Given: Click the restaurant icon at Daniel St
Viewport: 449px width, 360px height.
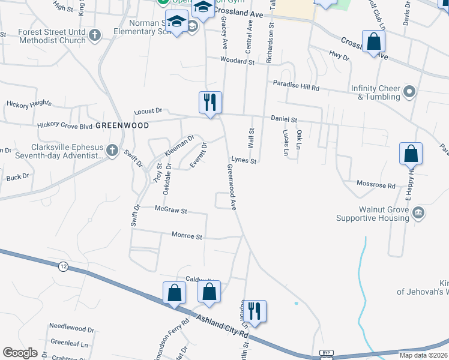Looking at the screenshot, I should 210,101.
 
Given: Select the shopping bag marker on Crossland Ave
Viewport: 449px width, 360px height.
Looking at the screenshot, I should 373,42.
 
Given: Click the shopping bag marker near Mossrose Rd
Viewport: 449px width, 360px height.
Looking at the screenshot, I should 411,154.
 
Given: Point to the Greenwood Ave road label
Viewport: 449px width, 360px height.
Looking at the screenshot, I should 231,187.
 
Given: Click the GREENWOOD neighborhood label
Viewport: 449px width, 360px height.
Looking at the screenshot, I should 122,125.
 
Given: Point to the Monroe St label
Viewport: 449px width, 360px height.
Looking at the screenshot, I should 187,236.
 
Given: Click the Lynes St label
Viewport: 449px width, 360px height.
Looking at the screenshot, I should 244,161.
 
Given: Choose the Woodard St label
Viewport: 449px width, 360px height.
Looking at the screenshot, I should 237,61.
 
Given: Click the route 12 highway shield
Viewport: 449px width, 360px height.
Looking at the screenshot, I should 63,266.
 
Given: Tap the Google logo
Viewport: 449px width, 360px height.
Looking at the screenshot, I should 20,353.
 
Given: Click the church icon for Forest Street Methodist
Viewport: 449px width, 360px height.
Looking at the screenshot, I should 94,37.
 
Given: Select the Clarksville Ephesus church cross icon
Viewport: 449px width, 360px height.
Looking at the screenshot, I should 112,151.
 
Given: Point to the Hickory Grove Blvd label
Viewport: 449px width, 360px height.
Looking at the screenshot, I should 65,125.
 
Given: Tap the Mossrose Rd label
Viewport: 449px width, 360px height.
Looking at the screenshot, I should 376,185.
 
